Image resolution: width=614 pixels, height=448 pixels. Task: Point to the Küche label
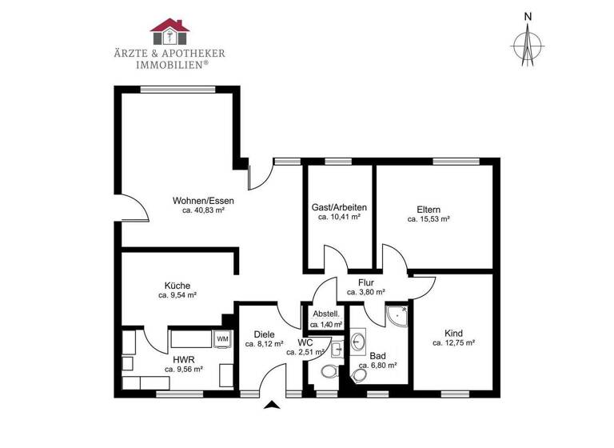[177, 284]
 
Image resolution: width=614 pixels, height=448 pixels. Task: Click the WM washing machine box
[222, 339]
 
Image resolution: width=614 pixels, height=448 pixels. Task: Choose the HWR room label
[183, 359]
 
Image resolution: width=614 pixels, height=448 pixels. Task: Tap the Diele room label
[265, 334]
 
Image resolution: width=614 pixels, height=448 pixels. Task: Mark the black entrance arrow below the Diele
[273, 406]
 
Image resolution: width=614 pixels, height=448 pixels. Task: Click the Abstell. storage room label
[325, 314]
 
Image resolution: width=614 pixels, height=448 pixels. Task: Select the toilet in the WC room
[327, 373]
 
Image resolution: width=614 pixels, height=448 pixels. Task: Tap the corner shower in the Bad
[396, 318]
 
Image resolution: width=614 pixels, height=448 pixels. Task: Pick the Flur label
[367, 282]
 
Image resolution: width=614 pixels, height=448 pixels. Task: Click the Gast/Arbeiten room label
[340, 206]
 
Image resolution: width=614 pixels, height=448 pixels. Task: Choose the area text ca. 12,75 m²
[454, 342]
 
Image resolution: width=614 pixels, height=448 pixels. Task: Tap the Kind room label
[454, 332]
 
